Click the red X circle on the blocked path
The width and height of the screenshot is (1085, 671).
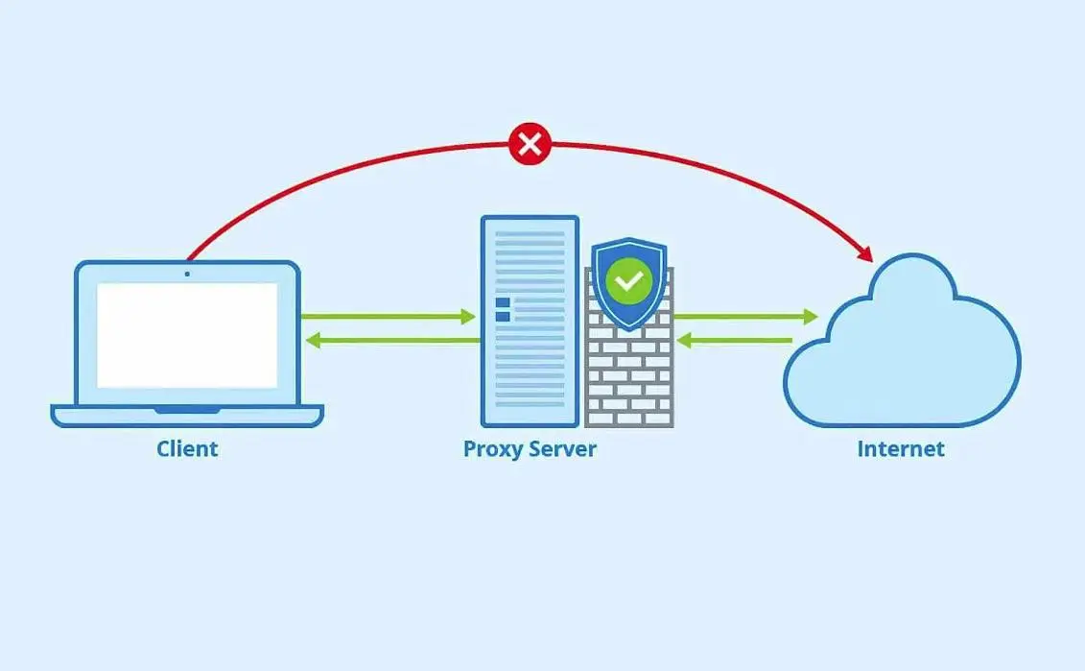[x=530, y=145]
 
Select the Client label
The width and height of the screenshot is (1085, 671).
[x=187, y=448]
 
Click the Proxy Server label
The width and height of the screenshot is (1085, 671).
[x=530, y=448]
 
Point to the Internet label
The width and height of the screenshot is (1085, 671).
[x=901, y=448]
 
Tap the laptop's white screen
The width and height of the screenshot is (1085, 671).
[x=187, y=335]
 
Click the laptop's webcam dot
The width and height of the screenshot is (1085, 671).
[x=187, y=274]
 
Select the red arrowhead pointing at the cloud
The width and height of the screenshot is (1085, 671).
[x=865, y=253]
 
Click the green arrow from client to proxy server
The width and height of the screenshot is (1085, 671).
[x=389, y=316]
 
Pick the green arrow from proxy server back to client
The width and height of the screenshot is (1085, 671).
[x=389, y=340]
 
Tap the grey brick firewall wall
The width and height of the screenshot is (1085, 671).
[x=629, y=379]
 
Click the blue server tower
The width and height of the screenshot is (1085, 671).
[x=530, y=365]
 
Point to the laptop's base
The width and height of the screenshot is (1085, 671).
[x=187, y=415]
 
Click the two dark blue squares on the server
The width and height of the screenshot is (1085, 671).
[x=503, y=309]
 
